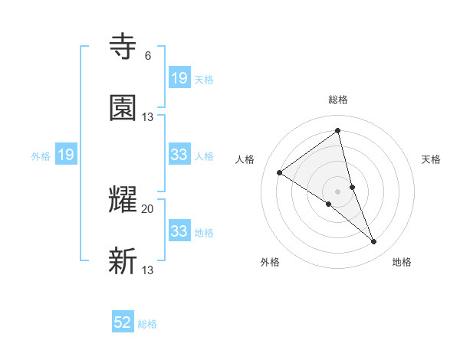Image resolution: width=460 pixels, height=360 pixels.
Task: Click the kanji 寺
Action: point(123,47)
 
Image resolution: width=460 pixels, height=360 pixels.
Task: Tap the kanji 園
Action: point(123,108)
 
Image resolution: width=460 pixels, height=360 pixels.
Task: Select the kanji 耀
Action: point(123,200)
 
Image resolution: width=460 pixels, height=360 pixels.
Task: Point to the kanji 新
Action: point(123,261)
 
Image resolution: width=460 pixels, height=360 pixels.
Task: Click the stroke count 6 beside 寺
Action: point(148,56)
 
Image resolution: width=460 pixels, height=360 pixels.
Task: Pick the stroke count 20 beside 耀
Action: point(148,208)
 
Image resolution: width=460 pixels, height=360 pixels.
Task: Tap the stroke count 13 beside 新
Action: point(148,270)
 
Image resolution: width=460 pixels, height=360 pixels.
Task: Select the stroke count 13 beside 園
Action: point(148,116)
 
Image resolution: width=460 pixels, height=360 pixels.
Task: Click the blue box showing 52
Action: point(123,322)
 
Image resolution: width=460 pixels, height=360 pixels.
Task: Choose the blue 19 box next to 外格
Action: point(66,155)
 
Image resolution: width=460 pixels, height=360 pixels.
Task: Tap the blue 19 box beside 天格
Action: point(179,77)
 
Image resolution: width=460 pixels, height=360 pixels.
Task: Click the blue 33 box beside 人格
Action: point(179,155)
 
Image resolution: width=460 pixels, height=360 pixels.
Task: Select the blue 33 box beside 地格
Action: point(179,231)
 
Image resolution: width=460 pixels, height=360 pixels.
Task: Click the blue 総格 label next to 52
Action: point(147,324)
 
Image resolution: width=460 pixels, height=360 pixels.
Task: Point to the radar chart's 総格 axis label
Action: point(338,100)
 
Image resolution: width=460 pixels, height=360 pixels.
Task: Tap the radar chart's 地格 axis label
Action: point(402,263)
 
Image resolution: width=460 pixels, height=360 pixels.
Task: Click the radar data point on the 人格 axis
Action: point(280,172)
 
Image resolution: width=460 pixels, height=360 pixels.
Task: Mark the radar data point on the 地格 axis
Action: point(374,242)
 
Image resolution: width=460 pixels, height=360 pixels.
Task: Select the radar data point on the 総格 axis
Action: point(338,130)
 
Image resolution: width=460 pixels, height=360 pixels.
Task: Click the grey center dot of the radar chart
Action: point(338,191)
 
